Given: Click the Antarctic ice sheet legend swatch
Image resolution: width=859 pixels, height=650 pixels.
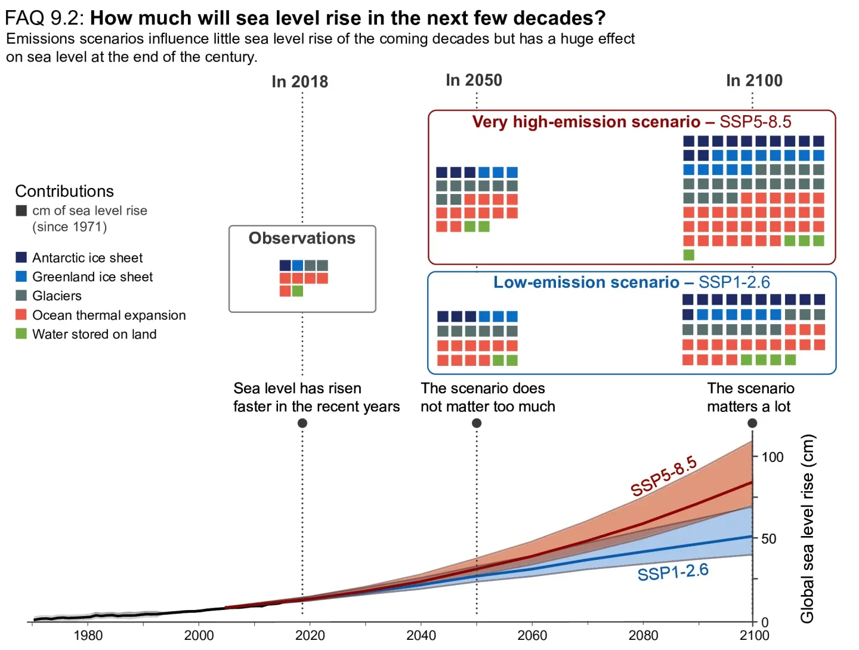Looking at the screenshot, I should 21,257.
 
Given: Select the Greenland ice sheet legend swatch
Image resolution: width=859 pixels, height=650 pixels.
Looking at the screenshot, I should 21,276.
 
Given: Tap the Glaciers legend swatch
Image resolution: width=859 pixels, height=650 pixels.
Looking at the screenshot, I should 21,295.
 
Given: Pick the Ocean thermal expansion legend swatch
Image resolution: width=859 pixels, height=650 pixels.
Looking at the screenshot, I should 21,315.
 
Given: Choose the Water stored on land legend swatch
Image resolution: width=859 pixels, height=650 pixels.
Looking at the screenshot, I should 21,334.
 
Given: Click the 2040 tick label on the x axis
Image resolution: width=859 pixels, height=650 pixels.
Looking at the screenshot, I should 421,635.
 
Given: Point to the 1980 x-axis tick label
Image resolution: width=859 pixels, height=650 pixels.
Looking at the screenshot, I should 88,635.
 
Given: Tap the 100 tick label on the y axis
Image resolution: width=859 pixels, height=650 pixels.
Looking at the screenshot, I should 773,457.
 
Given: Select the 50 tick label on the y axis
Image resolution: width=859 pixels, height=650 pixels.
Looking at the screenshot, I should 769,539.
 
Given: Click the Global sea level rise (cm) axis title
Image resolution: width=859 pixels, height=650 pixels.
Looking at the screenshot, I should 807,528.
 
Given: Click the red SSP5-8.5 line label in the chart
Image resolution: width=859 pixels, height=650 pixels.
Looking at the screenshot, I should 663,476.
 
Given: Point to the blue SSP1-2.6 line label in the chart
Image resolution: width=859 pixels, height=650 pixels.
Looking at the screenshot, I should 673,572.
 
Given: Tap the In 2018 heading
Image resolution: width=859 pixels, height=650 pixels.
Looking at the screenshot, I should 299,82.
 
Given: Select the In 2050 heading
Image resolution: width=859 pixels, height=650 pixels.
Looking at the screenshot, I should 474,80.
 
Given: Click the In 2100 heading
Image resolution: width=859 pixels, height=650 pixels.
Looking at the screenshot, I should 754,81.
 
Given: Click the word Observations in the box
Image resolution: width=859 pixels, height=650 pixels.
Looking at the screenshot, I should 302,238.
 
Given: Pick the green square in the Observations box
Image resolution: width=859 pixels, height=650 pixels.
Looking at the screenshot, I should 298,291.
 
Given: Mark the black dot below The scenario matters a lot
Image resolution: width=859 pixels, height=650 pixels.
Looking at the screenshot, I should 752,423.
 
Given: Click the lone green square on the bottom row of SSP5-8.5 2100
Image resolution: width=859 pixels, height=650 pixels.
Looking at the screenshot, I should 689,255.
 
